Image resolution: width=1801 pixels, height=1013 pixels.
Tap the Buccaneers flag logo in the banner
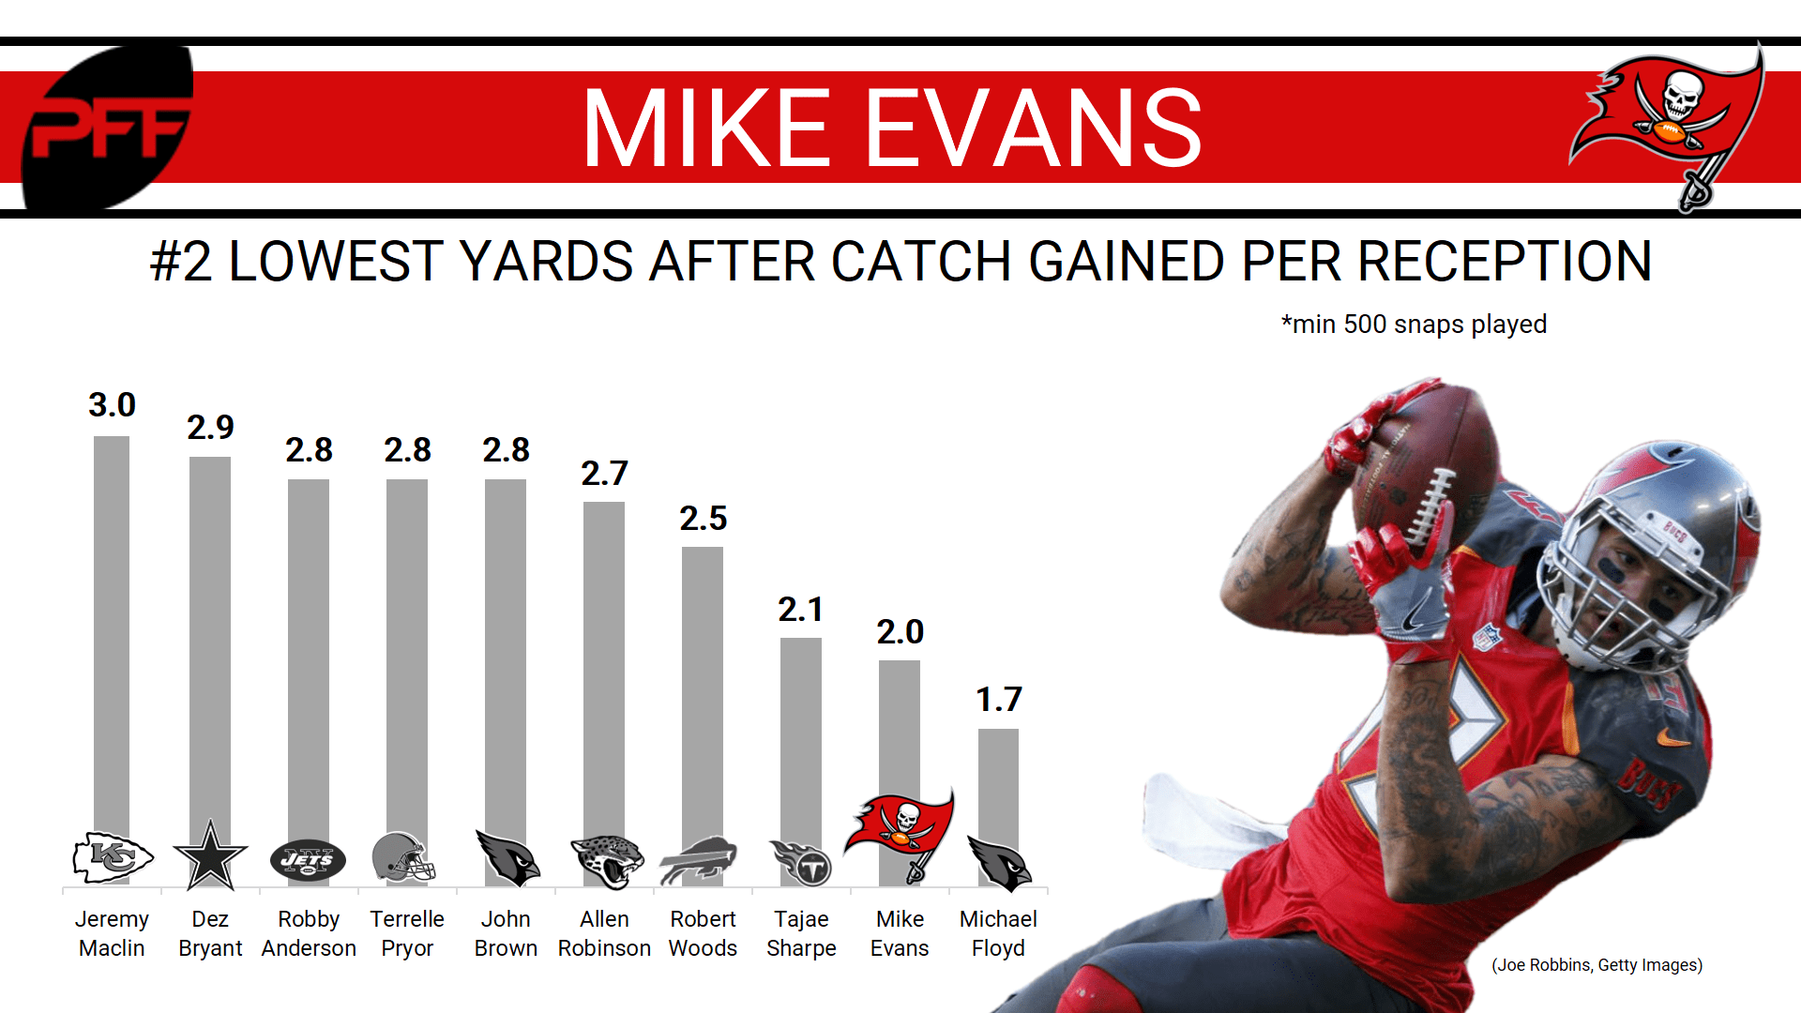click(x=1670, y=122)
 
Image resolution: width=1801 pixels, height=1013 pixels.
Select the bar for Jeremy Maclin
click(x=112, y=638)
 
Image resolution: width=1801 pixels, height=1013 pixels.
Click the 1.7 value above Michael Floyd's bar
click(x=998, y=700)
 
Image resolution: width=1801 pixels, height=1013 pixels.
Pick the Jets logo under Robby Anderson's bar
click(x=308, y=859)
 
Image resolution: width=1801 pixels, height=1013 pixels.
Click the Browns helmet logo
click(x=403, y=857)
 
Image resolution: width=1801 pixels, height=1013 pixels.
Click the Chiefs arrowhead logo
click(x=113, y=857)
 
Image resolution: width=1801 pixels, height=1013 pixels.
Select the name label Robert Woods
click(x=703, y=933)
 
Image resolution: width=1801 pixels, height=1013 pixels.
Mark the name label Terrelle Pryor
click(x=407, y=933)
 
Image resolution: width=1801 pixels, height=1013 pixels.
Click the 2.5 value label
click(x=703, y=519)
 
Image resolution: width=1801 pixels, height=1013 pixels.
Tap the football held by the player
click(x=1421, y=469)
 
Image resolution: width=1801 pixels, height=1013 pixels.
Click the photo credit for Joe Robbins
click(x=1597, y=965)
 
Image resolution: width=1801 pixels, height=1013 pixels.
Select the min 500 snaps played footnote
click(x=1414, y=325)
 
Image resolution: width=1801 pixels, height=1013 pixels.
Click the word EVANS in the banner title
click(x=1033, y=129)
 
